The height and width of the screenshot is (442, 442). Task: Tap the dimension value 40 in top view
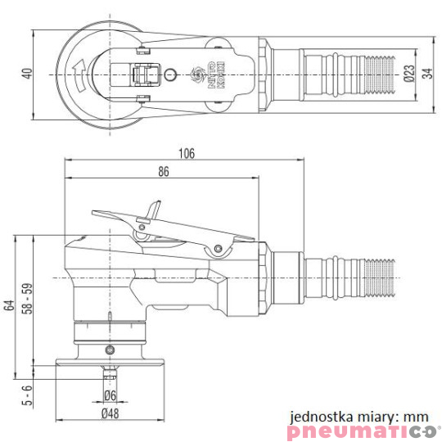27,74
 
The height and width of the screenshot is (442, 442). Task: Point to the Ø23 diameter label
409,74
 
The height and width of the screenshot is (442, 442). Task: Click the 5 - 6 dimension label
27,395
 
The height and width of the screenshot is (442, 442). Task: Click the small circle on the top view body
169,74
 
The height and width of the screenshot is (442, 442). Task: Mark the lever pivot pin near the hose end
219,250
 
